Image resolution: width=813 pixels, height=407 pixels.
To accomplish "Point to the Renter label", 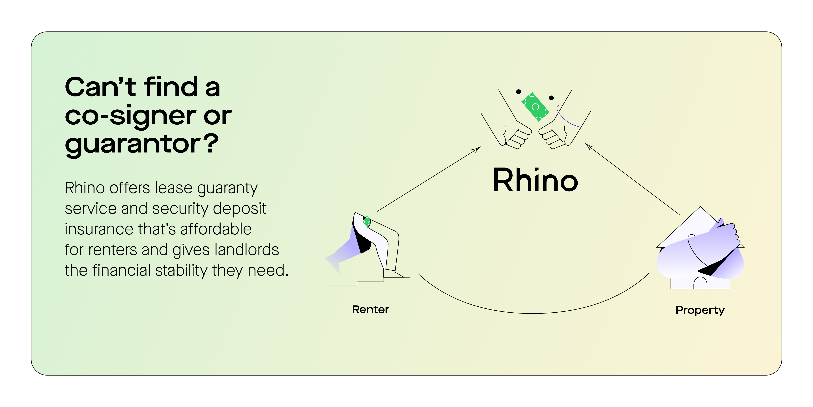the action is tap(371, 309).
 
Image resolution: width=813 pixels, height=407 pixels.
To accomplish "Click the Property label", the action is tap(700, 310).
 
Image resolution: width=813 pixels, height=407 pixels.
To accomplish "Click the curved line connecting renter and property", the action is tap(533, 313).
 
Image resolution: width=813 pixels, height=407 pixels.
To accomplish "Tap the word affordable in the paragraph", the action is tap(216, 229).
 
